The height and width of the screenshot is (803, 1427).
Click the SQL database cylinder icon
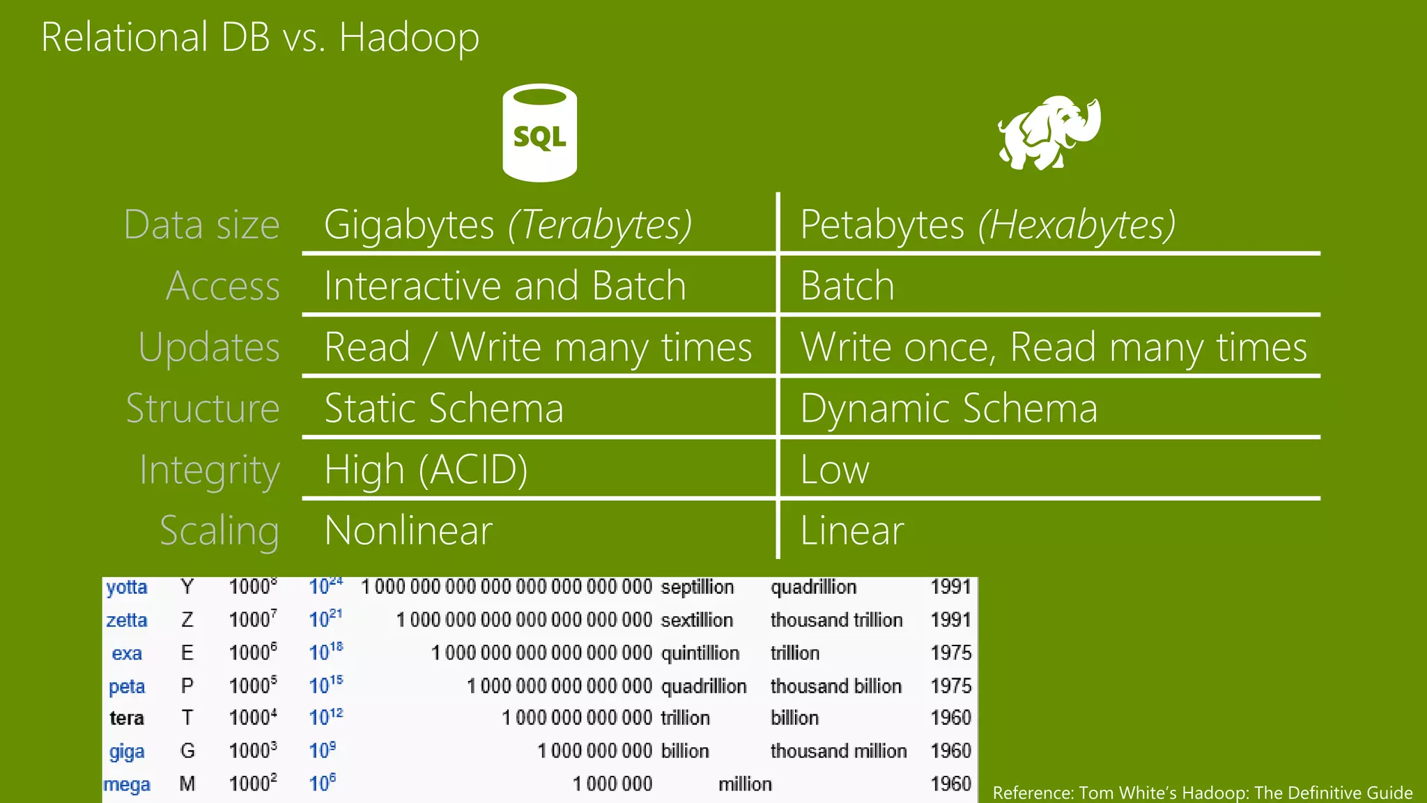click(x=539, y=133)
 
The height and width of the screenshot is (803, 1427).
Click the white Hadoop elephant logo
click(x=1049, y=133)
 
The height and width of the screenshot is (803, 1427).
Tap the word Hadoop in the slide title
click(x=409, y=37)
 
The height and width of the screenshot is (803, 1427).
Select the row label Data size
click(x=201, y=224)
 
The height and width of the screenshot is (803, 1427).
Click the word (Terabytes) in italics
click(x=599, y=224)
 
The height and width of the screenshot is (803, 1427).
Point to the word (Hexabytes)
click(x=1077, y=224)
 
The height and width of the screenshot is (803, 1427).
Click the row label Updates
click(x=209, y=347)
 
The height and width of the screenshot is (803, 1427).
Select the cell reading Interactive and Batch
click(x=505, y=286)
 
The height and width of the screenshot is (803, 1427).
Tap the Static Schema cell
click(x=444, y=408)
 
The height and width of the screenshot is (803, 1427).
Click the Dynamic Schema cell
click(x=948, y=408)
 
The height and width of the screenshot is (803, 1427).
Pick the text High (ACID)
click(x=426, y=469)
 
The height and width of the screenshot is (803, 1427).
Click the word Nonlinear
click(x=408, y=530)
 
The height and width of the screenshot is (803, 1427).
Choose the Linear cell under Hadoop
click(x=851, y=530)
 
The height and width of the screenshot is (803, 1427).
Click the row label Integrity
click(x=209, y=470)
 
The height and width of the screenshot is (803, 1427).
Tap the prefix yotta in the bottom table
click(x=127, y=587)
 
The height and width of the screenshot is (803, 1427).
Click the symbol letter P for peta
click(x=187, y=686)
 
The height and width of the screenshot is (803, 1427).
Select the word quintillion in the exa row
click(x=700, y=653)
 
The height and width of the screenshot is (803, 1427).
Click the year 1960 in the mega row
click(x=950, y=783)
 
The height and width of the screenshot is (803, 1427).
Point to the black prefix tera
click(x=127, y=718)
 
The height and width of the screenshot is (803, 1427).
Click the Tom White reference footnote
click(x=1202, y=793)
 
